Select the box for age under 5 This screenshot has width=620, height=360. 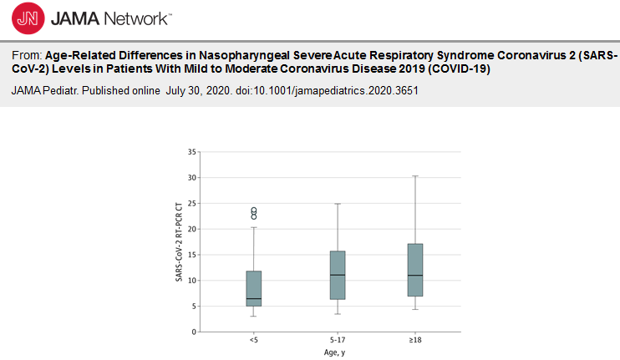254,288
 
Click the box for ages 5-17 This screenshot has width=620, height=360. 338,275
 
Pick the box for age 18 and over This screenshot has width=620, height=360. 415,269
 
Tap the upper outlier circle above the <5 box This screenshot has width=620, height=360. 254,210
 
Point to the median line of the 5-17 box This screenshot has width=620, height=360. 338,275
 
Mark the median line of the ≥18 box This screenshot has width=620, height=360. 415,275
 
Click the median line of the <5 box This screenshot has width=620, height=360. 254,298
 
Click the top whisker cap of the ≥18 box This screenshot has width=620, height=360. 415,176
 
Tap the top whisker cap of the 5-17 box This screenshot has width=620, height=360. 338,204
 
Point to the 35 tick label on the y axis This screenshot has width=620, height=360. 192,152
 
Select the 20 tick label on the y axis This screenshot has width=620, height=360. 192,229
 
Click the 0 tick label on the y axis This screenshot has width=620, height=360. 195,332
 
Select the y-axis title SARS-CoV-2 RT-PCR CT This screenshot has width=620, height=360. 178,241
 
